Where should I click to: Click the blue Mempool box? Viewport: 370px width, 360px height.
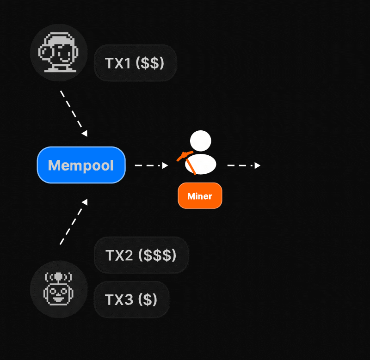(81, 165)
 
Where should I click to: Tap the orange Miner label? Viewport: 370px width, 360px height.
(200, 196)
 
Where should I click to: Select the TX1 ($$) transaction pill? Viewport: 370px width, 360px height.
(135, 63)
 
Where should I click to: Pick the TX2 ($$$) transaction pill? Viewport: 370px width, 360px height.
(141, 255)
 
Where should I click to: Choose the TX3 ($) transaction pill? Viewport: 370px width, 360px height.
(131, 300)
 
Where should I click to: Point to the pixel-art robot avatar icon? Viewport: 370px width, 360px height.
(58, 289)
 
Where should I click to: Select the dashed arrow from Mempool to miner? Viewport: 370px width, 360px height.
(150, 165)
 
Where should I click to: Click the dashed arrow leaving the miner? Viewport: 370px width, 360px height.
(243, 165)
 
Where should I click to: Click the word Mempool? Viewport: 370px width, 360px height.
(81, 165)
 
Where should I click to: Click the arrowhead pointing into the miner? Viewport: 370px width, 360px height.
(165, 165)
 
